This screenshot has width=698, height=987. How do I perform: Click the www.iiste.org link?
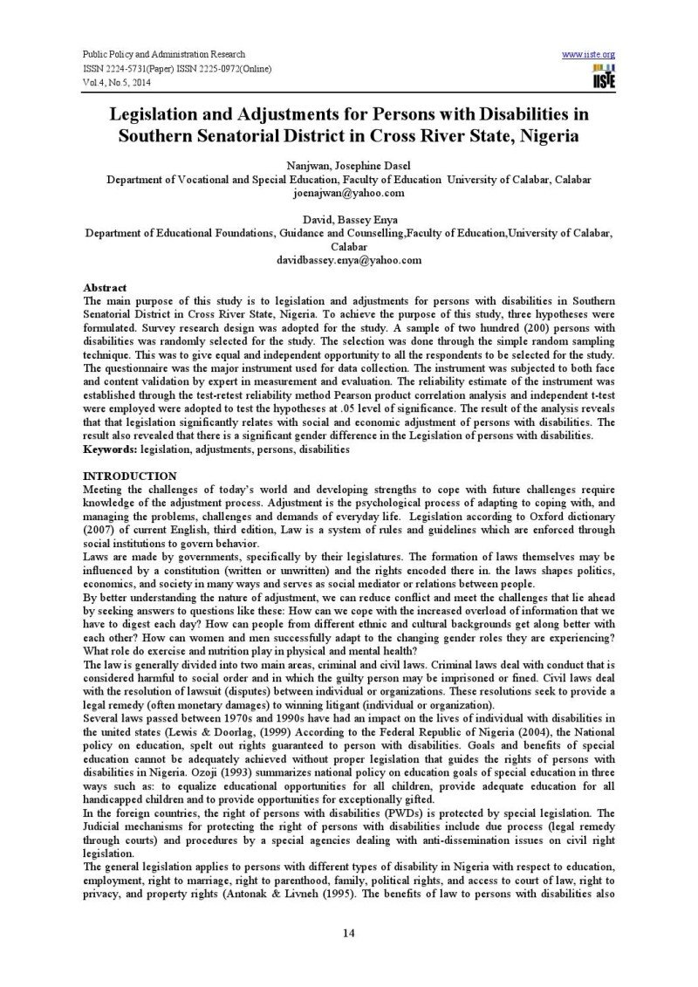(589, 54)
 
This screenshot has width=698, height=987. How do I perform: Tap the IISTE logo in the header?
(602, 76)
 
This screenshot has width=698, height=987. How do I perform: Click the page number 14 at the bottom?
(348, 934)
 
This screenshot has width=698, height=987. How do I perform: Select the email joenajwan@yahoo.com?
(348, 192)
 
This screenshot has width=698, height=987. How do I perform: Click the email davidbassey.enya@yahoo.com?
(348, 260)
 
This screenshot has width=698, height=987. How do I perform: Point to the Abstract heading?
(105, 287)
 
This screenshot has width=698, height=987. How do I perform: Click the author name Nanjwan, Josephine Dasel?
(348, 166)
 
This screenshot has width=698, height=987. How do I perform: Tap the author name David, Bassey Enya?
(348, 221)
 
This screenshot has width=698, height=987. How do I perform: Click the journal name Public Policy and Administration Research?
(164, 54)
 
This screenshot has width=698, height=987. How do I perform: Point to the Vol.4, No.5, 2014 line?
(118, 82)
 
